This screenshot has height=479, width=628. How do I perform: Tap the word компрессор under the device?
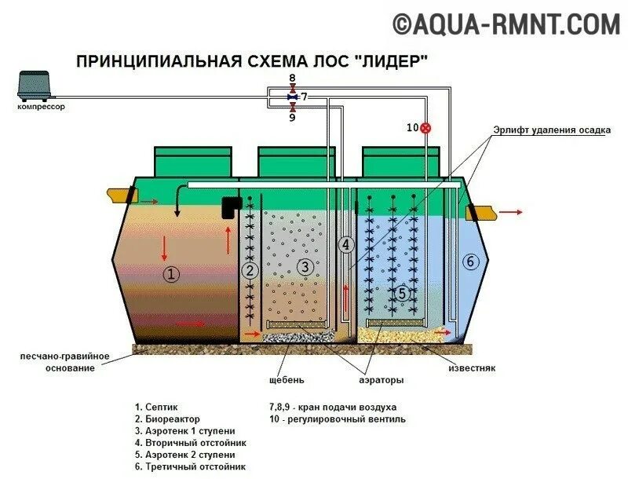(x=41, y=107)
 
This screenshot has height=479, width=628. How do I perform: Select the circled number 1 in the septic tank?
(x=172, y=274)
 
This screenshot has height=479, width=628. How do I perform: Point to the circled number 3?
(x=305, y=267)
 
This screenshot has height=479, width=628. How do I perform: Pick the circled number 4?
(x=345, y=244)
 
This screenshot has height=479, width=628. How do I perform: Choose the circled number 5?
(x=402, y=294)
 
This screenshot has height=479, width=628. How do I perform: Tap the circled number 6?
(x=470, y=261)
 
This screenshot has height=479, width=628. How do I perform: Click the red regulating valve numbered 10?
(x=426, y=127)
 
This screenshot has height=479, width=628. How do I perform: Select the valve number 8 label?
(x=292, y=79)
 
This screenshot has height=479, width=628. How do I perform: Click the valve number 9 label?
(x=292, y=118)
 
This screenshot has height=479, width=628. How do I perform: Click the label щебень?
(x=286, y=381)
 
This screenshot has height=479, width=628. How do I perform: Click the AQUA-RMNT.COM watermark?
(x=506, y=24)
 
